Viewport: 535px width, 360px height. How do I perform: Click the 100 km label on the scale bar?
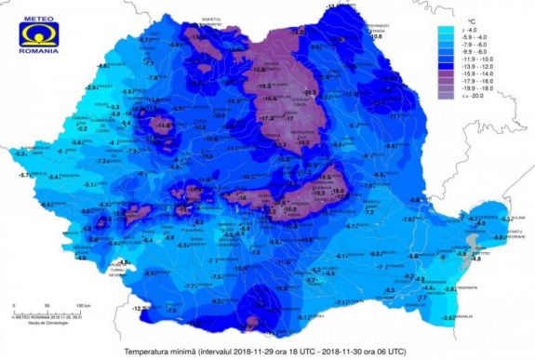pyautogui.click(x=83, y=305)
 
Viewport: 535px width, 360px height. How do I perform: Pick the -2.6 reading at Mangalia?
pyautogui.click(x=449, y=318)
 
